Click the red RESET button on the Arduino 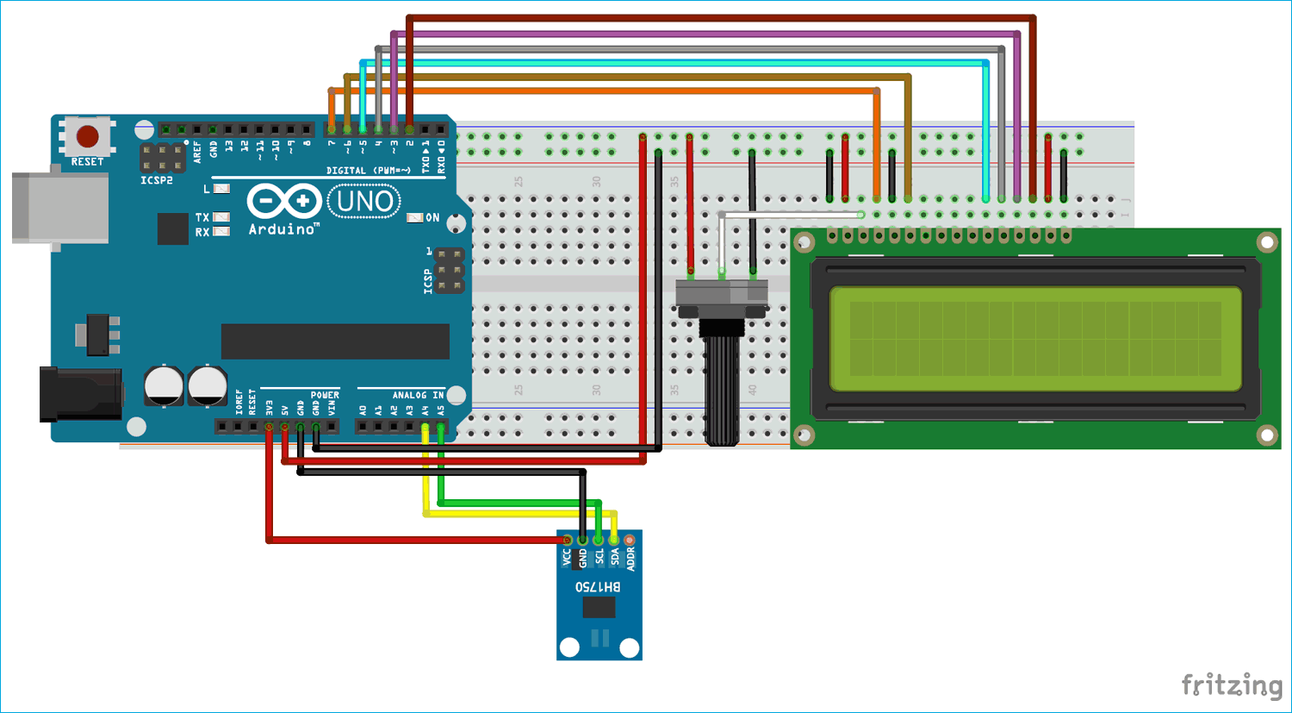pos(87,136)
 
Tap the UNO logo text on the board pos(365,202)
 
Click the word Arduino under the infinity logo pos(283,229)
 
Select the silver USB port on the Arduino pos(60,207)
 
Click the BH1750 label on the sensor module pos(598,587)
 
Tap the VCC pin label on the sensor pos(567,558)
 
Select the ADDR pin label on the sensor pos(630,558)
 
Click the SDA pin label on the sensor pos(615,558)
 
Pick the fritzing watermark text pos(1232,685)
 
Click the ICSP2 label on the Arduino pos(157,180)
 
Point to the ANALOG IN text pos(418,395)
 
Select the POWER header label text pos(325,395)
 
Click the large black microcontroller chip pos(335,341)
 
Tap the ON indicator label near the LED pos(432,218)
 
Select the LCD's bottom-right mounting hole pos(1267,435)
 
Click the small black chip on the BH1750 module pos(599,608)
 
